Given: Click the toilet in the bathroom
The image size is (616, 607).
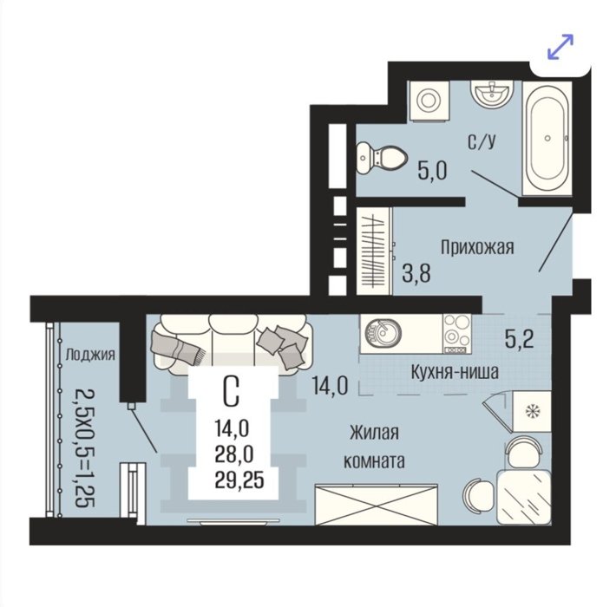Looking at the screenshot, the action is point(382,158).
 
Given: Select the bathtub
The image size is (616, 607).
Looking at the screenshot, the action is point(547,138).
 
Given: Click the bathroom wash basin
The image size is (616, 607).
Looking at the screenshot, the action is point(492,94).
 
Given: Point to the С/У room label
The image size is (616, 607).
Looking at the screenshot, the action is point(482,141).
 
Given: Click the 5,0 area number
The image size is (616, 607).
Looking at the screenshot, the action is point(433,171).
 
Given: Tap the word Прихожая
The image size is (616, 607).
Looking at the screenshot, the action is point(477,248).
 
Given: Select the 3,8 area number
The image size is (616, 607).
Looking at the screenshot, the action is point(416,273).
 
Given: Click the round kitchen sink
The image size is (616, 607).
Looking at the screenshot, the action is point(383,333).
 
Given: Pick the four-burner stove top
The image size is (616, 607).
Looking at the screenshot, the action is point(457,334).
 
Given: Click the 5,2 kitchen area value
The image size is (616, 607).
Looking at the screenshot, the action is point(520,339).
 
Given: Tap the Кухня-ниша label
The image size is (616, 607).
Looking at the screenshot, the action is point(455,371).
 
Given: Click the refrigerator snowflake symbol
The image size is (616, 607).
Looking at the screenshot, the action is point(533,412).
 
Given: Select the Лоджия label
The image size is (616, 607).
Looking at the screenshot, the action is point(90,355).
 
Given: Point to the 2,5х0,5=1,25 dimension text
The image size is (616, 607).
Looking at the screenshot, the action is point(85,448).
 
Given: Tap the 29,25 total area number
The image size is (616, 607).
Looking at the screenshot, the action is point(239,480).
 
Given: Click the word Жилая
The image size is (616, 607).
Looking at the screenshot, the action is point(375,433).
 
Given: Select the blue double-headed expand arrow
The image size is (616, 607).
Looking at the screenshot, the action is point(560,47).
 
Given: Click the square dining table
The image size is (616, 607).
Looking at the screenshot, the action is point(524,498).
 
